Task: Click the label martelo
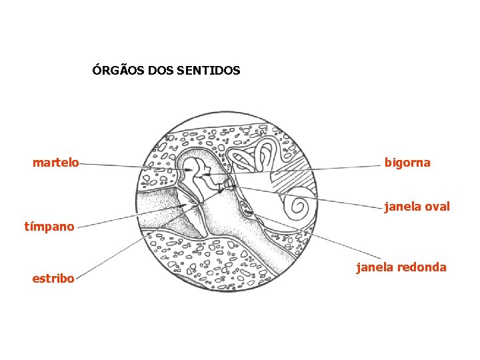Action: (x=55, y=162)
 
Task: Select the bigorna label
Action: (x=407, y=162)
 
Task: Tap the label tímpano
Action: (x=49, y=226)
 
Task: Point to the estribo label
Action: (x=53, y=278)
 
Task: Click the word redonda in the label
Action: (x=421, y=267)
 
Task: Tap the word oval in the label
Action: (x=437, y=207)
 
